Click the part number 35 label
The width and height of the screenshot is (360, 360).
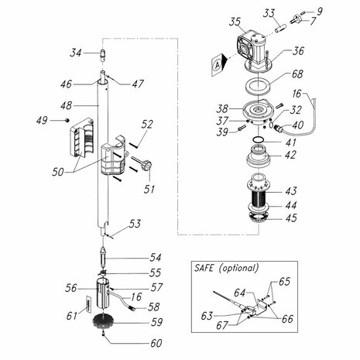coord(235,22)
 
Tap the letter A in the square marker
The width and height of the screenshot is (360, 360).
coord(218,66)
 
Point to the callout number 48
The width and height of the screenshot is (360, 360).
coord(66,106)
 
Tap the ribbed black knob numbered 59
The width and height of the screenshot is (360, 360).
coord(103,321)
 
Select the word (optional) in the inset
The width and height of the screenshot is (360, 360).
coord(238,268)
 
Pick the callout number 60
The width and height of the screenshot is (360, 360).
coord(156,344)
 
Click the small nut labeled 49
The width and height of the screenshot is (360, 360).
coord(67,120)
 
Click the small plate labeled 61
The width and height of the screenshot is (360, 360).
coord(88,304)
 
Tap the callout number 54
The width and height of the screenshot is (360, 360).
coord(156,258)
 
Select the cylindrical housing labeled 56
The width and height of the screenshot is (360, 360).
coord(103,293)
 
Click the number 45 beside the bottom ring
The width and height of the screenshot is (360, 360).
coord(291,218)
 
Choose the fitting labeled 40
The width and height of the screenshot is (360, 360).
coord(279,128)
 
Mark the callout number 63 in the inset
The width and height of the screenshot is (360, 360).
coord(207,316)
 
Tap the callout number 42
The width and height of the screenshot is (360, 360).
coord(290,155)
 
